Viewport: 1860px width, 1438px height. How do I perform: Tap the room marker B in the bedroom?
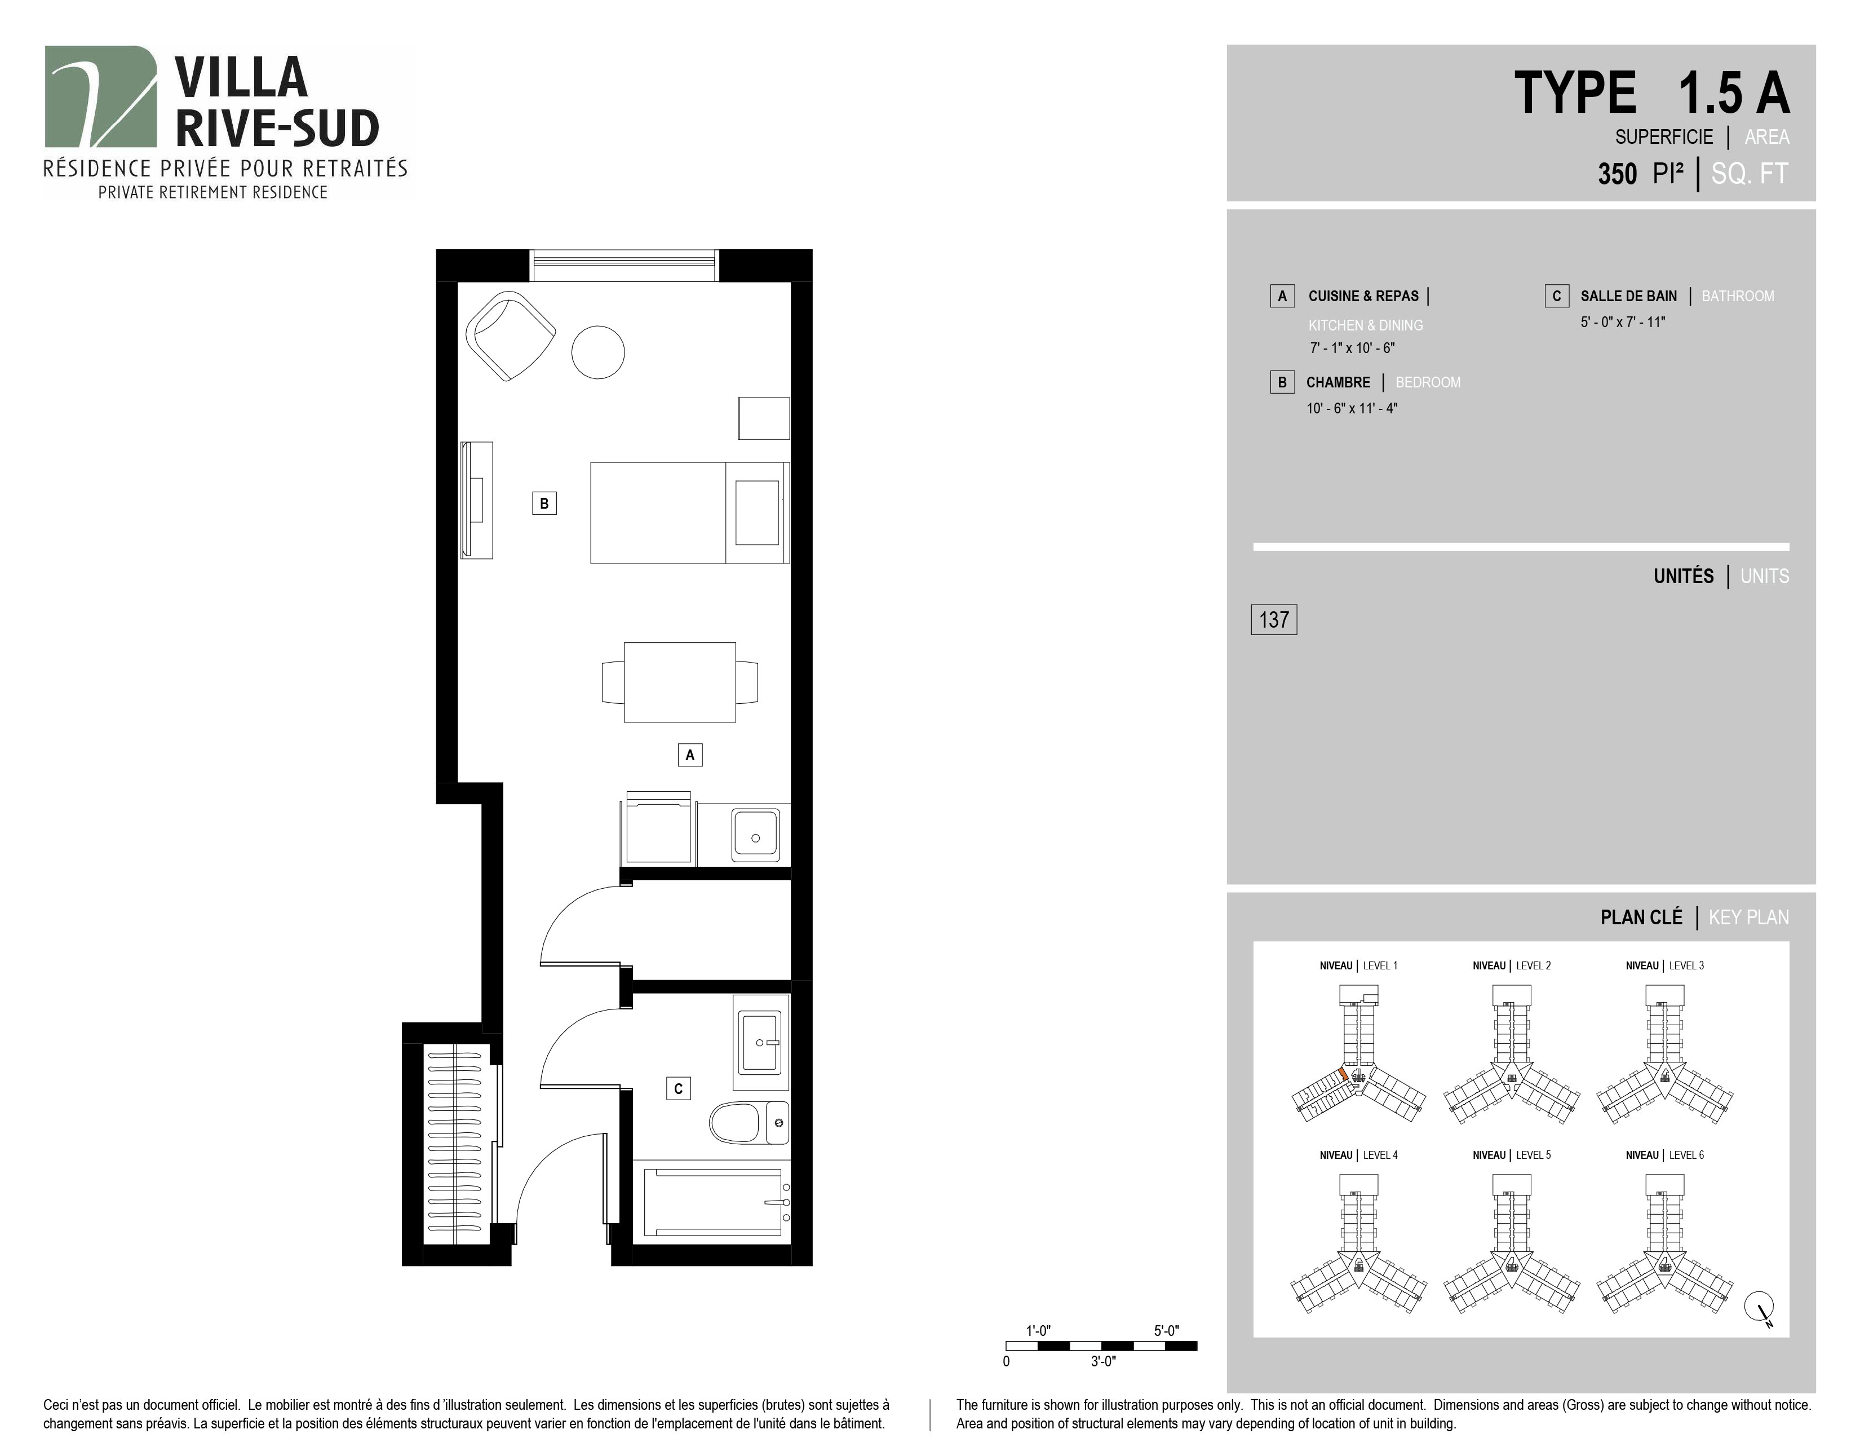(544, 504)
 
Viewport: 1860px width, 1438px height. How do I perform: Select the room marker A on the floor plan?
(690, 755)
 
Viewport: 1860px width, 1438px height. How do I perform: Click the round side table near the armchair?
(598, 352)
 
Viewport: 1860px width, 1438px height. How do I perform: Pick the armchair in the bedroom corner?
(510, 336)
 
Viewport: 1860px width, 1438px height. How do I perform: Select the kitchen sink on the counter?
(755, 835)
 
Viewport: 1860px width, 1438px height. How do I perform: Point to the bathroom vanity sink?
(760, 1042)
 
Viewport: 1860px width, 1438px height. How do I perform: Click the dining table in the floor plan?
(680, 682)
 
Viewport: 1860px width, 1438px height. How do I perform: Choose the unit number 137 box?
(1274, 619)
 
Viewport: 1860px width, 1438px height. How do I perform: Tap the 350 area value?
(1617, 174)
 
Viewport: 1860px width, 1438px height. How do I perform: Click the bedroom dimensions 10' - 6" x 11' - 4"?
(1352, 408)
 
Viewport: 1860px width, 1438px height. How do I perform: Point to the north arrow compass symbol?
(1760, 1307)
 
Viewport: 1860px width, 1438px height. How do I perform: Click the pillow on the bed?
(757, 512)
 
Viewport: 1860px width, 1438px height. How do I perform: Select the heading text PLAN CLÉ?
(1641, 918)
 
